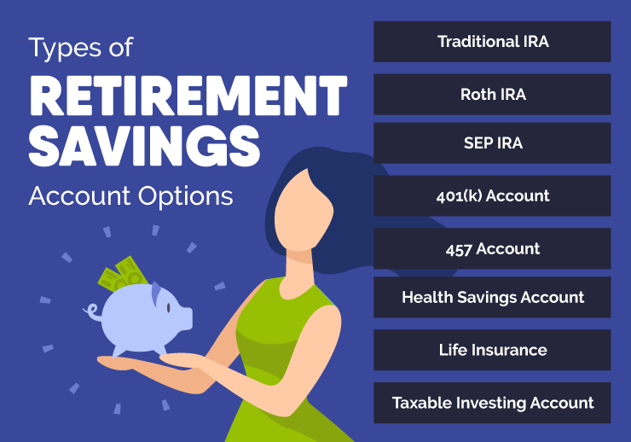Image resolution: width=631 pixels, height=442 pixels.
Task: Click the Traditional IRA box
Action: [492, 42]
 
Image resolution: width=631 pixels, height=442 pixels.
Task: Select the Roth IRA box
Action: [492, 94]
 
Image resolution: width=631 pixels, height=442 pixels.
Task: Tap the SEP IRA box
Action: [492, 143]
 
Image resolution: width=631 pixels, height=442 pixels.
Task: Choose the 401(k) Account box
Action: [492, 195]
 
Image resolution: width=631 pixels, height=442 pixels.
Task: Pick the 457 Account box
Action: [492, 248]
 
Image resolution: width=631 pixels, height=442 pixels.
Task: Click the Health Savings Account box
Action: [492, 297]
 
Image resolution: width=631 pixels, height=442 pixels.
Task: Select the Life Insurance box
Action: [492, 350]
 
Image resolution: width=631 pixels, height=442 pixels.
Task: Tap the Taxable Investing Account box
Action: [492, 402]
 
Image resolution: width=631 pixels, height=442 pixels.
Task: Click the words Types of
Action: [81, 49]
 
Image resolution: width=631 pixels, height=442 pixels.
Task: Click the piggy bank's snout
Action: [186, 317]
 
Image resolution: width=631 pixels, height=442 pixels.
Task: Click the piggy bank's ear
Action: [157, 294]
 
